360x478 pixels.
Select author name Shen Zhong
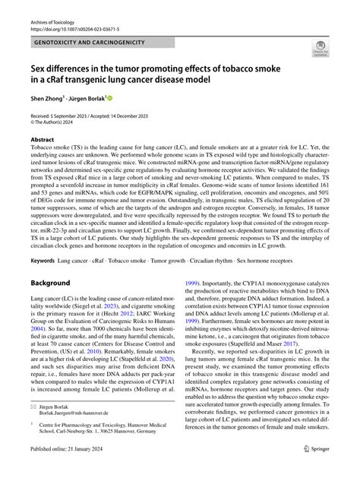coord(45,99)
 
